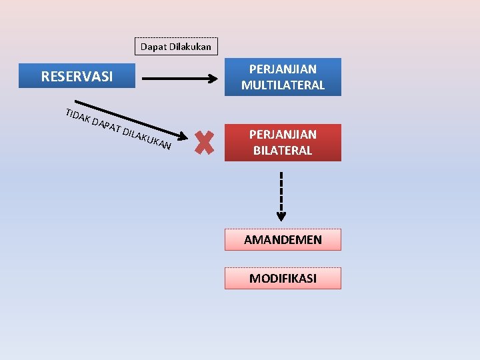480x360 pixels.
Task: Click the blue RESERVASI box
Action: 77,76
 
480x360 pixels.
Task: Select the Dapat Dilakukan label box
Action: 175,47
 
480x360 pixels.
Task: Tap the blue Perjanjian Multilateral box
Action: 283,77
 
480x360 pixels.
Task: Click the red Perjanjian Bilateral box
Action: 283,143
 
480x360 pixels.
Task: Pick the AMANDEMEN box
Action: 283,240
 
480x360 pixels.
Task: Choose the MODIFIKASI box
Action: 283,279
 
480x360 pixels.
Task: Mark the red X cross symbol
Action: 205,142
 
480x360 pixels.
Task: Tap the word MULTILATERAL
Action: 283,85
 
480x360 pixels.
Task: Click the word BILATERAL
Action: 283,151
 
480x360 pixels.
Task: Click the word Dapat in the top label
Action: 153,47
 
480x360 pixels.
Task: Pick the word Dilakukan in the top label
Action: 189,47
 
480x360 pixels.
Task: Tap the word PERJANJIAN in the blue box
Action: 283,69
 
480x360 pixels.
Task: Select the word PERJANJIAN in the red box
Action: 283,135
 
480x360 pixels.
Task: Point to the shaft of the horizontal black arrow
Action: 177,78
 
